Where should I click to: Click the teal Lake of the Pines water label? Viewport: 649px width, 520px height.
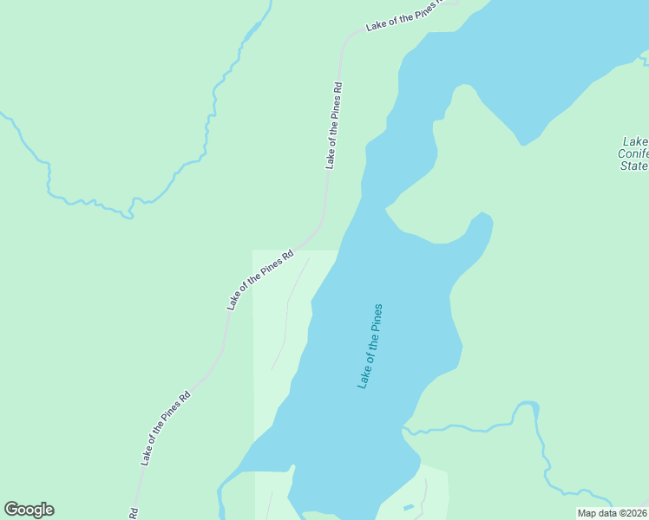[370, 346]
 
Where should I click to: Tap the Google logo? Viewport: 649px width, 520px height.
[29, 510]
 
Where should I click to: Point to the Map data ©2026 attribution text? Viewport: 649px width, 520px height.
[612, 513]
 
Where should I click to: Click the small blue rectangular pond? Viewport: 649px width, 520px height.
[409, 506]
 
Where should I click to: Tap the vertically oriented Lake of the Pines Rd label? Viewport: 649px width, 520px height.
[335, 126]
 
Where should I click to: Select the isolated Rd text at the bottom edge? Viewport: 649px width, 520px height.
[134, 513]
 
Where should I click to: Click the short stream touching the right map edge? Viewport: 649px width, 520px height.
[644, 58]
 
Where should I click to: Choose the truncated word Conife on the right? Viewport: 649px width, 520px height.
[633, 153]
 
